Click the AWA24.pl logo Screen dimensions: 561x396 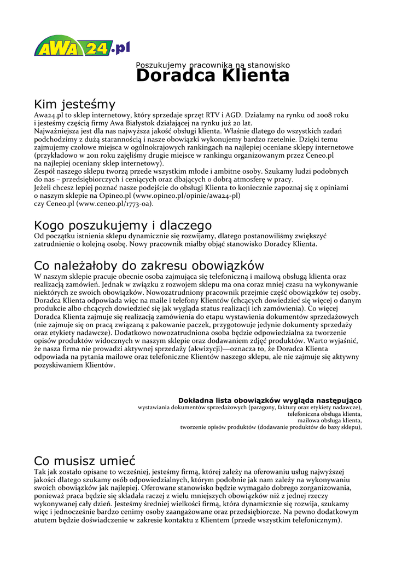(82, 45)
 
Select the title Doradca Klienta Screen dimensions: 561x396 (213, 76)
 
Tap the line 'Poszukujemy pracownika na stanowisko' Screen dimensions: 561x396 (213, 65)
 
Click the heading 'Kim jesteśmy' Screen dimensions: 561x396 (75, 104)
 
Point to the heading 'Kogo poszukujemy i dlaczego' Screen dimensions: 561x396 (123, 225)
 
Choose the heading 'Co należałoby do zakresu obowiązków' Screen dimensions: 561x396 (141, 266)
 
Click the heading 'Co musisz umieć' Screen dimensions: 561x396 (85, 460)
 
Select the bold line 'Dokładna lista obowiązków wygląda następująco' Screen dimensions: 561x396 (270, 400)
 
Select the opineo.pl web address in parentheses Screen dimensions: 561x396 (187, 195)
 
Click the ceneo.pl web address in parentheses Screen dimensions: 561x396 (115, 203)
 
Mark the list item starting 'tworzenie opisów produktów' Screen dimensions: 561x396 (271, 427)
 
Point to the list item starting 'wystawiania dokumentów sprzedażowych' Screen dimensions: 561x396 (250, 408)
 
